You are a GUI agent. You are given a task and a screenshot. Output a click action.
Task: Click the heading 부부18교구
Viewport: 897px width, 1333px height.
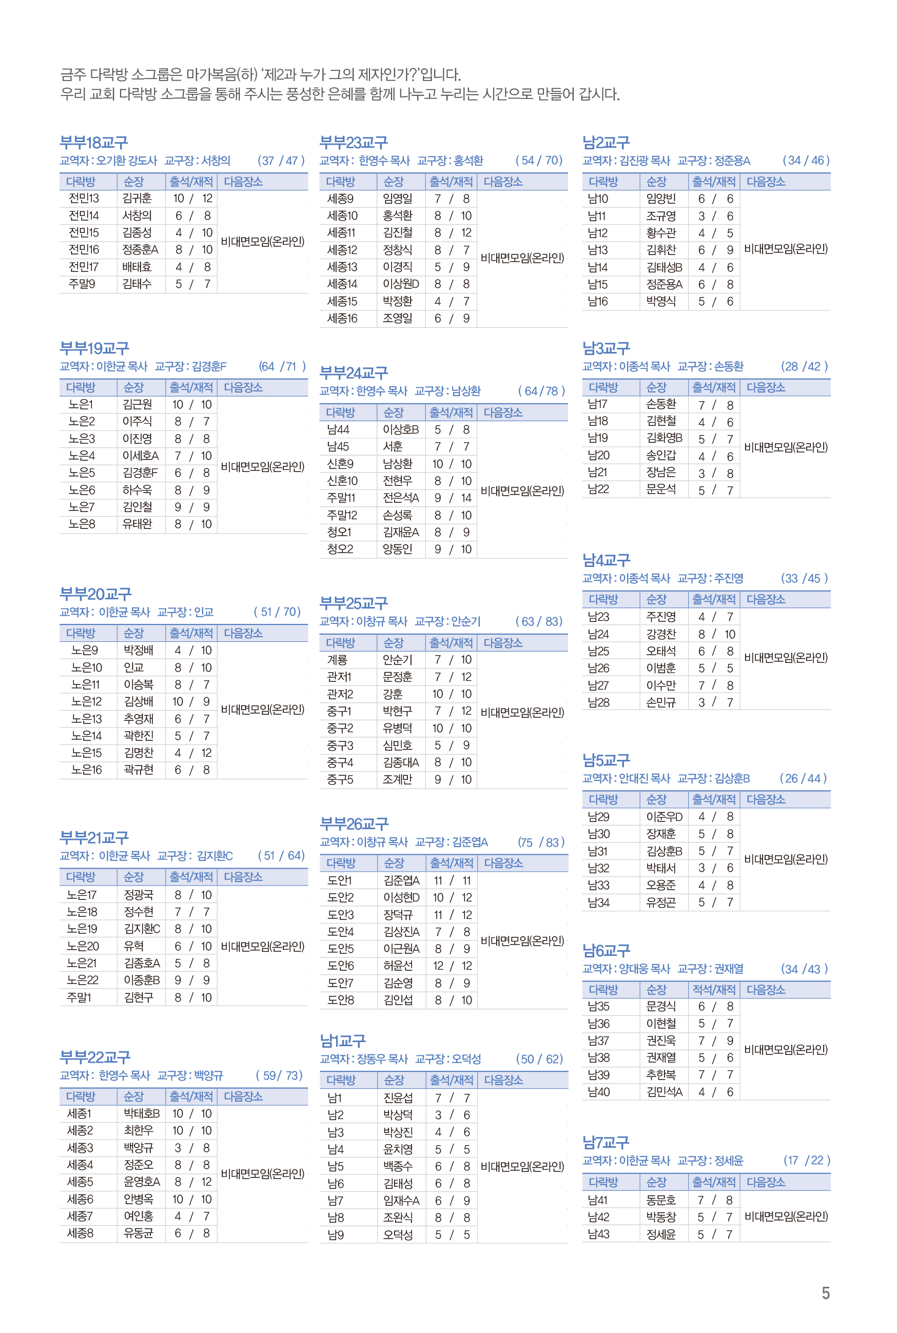[94, 143]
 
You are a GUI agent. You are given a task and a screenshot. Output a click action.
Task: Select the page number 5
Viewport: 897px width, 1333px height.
[825, 1293]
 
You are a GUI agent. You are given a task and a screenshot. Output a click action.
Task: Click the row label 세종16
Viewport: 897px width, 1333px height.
[342, 319]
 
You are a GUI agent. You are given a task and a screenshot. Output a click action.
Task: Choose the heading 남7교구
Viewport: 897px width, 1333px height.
[606, 1143]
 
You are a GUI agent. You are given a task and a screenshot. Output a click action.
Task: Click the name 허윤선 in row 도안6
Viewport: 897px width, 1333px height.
[398, 966]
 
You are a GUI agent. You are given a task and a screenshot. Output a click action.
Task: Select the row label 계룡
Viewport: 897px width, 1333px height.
[338, 660]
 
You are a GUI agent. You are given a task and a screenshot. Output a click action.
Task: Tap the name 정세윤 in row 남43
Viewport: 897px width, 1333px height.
[661, 1234]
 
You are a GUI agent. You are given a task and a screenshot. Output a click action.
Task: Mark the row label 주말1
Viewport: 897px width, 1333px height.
[79, 997]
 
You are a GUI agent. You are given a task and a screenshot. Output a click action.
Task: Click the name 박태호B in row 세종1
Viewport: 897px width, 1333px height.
[142, 1113]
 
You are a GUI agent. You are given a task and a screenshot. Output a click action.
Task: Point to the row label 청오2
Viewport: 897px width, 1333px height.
[340, 550]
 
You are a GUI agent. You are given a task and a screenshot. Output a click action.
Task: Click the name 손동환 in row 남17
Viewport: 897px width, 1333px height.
[661, 404]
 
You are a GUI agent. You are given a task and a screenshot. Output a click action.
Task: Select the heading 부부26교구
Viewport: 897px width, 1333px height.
[354, 824]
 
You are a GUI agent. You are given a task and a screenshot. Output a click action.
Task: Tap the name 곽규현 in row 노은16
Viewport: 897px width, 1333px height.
[139, 770]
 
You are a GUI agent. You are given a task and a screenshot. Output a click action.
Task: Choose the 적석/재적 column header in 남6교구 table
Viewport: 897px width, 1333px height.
[713, 989]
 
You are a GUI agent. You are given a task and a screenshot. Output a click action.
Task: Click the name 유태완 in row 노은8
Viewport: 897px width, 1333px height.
[138, 524]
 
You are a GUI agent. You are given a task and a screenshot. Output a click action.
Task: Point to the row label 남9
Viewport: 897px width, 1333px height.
[335, 1234]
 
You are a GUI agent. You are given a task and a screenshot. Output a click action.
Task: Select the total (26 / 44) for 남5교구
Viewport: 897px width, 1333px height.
[803, 778]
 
